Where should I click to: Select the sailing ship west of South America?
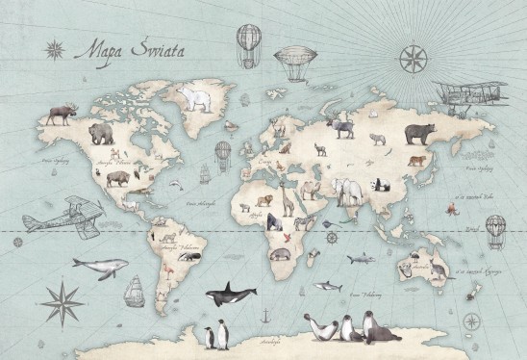(135, 288)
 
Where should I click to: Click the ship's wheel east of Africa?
(332, 237)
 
